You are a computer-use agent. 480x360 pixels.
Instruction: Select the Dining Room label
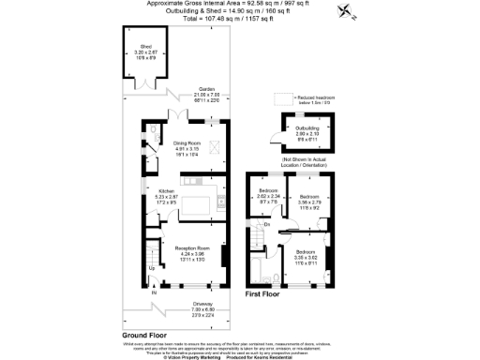[187, 143]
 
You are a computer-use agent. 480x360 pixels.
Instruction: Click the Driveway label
[190, 306]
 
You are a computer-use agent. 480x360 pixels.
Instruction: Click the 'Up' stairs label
[153, 268]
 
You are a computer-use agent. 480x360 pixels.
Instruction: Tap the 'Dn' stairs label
[267, 224]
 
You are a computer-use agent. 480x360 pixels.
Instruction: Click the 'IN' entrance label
[155, 292]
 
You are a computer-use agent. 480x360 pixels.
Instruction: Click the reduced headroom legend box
[279, 97]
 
